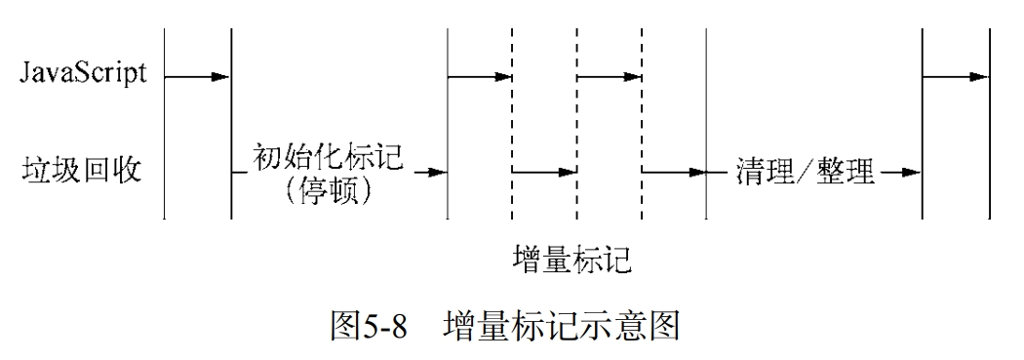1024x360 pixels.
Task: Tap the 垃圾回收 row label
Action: (82, 172)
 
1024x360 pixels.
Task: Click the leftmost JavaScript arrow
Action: (198, 76)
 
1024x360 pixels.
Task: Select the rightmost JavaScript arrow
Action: (956, 76)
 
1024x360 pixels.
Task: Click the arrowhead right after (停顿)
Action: (437, 173)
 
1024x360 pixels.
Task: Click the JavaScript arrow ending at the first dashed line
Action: (479, 76)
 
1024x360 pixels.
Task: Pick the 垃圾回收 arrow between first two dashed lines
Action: (544, 173)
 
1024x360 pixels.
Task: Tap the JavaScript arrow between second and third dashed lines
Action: (610, 76)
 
